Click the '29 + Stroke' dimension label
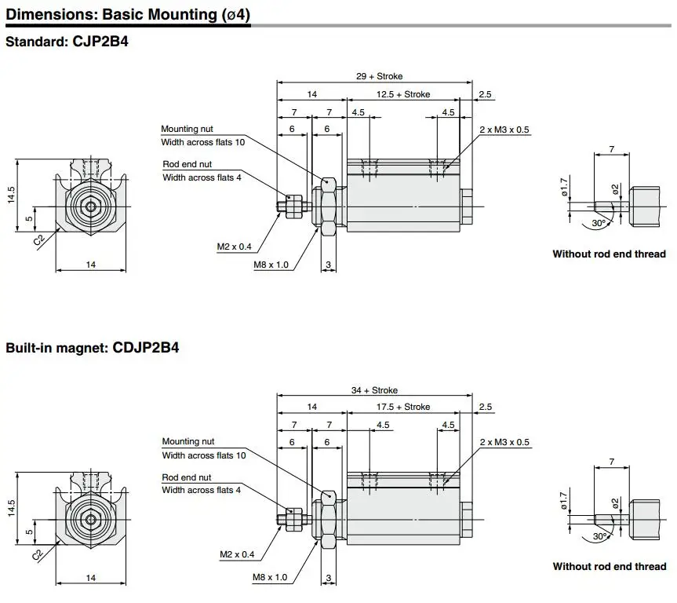379,76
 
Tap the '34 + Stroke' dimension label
374,390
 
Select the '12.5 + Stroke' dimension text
403,94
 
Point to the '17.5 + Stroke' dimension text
403,407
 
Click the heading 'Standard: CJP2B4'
67,42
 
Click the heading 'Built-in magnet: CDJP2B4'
93,348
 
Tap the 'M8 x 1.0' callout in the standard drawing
271,265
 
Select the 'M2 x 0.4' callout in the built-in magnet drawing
237,554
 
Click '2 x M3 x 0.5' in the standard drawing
504,130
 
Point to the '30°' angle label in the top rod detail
599,223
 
